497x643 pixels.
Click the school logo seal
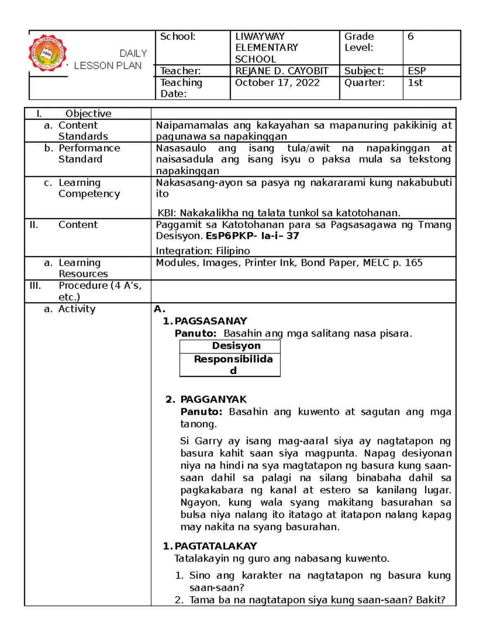click(48, 53)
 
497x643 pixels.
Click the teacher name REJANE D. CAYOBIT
click(282, 71)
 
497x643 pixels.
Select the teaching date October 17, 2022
click(277, 83)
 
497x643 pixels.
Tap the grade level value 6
click(410, 37)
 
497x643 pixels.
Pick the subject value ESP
click(417, 71)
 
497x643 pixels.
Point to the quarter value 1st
click(415, 83)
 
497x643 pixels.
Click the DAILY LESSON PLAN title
click(110, 60)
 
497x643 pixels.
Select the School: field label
click(178, 37)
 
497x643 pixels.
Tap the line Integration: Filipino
click(203, 251)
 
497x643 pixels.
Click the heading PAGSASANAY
click(210, 321)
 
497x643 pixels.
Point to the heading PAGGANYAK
click(213, 400)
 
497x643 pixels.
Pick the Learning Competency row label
click(89, 188)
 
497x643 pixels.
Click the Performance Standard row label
click(89, 154)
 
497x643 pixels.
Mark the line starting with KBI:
click(279, 213)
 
